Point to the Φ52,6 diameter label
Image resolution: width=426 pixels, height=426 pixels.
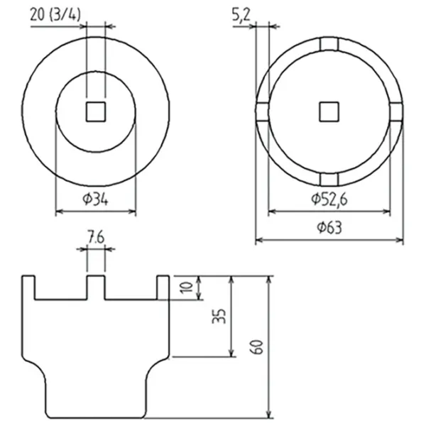tap(329, 200)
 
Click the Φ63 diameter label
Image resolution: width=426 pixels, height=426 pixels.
tap(328, 227)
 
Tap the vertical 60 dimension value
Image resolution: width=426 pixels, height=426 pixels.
tap(258, 346)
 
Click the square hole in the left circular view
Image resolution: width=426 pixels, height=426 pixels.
tap(95, 112)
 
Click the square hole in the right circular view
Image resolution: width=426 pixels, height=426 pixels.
tap(329, 111)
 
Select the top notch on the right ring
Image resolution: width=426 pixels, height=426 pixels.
tap(329, 44)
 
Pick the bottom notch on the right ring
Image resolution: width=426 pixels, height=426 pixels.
tap(329, 178)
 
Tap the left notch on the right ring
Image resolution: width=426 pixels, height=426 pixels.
tap(261, 111)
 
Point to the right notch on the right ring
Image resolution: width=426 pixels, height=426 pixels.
tap(396, 111)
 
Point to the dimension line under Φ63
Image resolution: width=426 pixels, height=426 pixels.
tap(329, 240)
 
